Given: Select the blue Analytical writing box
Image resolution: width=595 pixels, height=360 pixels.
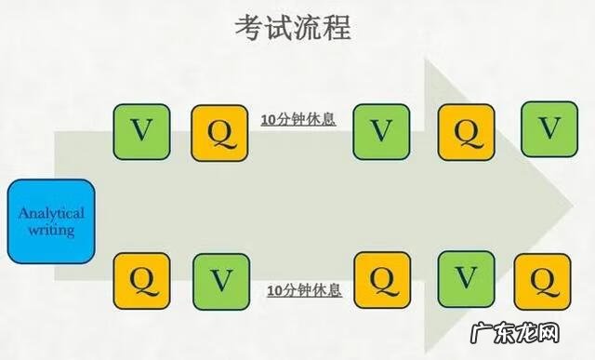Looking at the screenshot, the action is pos(51,221).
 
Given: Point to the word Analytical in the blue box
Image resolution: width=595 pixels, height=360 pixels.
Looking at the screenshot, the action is pos(51,213).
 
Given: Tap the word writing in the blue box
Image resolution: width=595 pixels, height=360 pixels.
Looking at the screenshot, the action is pos(51,229).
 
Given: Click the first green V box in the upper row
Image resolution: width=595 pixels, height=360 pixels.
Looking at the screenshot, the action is pos(141,131).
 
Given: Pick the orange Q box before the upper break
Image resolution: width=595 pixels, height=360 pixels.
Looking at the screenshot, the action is pos(220,131).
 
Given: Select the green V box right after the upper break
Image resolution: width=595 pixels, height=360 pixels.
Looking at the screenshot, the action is pos(381,131).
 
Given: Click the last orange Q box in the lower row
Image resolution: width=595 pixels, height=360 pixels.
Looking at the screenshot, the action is pos(546,280).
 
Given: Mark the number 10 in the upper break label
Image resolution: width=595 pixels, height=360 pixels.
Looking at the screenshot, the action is pos(268,120).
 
